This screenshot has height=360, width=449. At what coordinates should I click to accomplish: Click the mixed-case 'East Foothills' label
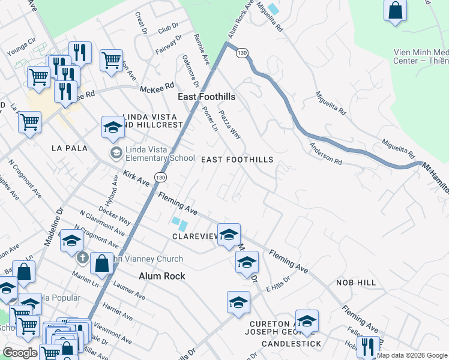coord(206,97)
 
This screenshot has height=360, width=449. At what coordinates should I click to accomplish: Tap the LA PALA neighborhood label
coord(70,148)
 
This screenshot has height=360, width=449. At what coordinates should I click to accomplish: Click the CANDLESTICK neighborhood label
coord(291,344)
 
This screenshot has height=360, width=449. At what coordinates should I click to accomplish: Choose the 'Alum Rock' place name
coord(162,276)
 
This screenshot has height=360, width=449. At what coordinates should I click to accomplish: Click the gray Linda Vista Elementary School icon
coord(115,153)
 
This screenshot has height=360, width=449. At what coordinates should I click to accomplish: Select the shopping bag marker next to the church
coord(102,262)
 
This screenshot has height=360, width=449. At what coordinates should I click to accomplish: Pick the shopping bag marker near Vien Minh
coord(396,11)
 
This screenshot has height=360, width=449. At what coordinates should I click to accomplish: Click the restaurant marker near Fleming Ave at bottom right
coord(367,346)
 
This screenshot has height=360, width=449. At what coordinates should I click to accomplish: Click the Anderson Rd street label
coord(325,154)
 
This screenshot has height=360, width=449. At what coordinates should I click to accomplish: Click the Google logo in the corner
coord(20,353)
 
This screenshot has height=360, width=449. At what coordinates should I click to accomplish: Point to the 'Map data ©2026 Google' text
coord(412,355)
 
